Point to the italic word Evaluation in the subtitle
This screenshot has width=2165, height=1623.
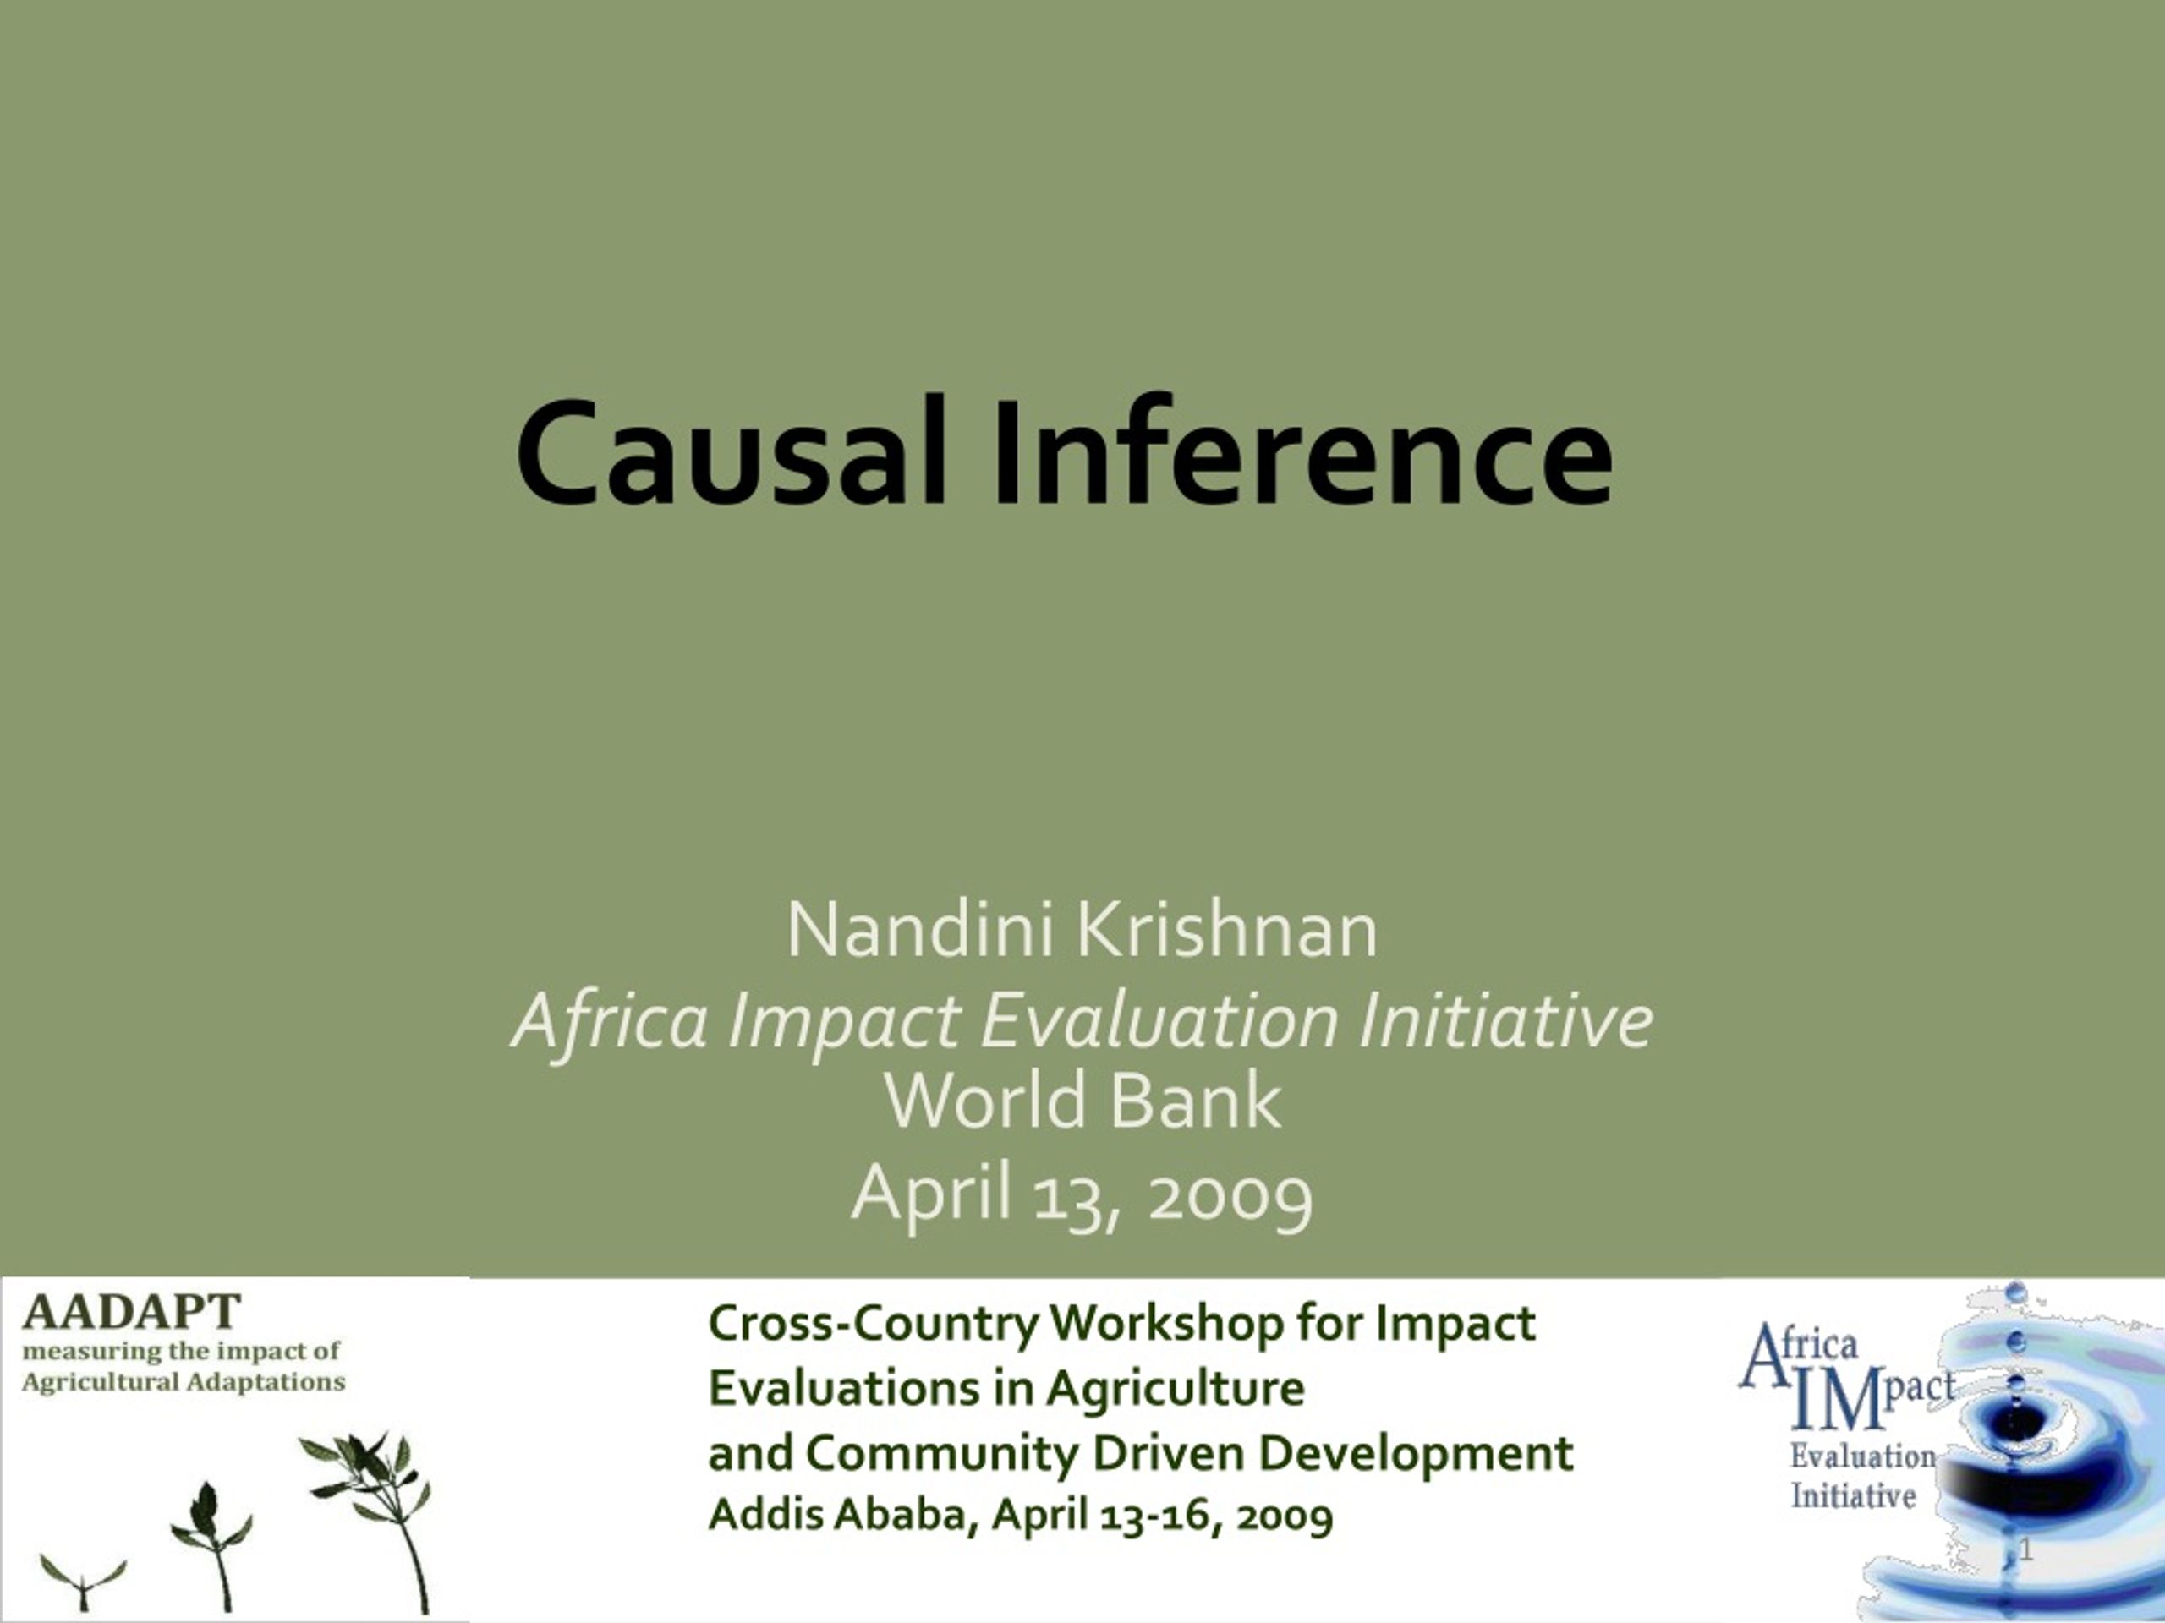click(1159, 1020)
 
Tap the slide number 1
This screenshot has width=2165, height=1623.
click(2026, 1549)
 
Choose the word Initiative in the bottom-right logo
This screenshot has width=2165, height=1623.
click(1853, 1496)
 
